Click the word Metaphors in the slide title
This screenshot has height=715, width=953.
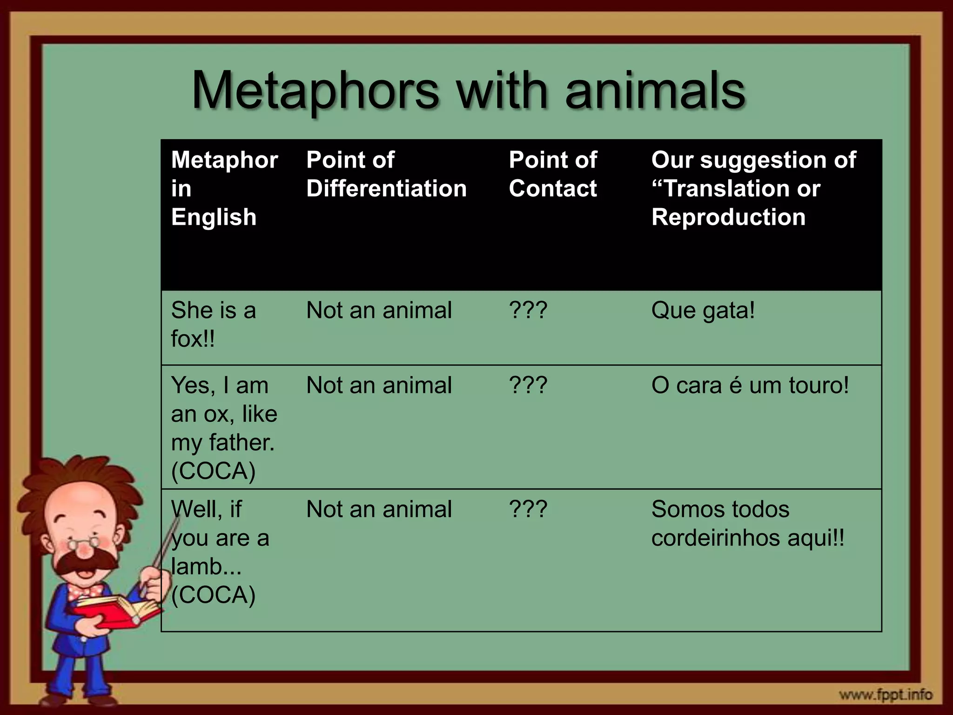315,90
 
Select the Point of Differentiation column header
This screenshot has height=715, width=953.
386,174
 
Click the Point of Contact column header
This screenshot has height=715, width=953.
553,174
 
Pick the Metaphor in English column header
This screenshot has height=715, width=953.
224,189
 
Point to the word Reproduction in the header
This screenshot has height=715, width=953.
728,217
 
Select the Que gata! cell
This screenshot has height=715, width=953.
703,310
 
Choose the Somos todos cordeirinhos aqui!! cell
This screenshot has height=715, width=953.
747,524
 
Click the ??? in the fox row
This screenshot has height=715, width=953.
528,310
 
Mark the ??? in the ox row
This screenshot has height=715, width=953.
528,385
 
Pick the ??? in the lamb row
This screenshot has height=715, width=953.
528,509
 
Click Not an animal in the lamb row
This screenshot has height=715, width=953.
379,509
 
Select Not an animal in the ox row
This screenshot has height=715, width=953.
379,385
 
